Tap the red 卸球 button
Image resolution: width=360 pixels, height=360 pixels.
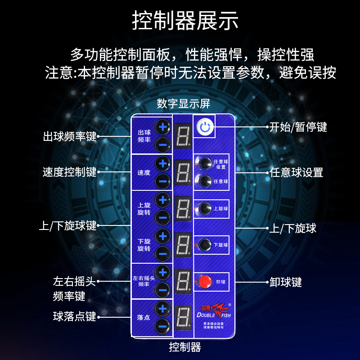[205, 282]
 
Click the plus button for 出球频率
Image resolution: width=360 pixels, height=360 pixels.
[163, 127]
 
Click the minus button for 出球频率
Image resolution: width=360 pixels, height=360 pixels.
[163, 144]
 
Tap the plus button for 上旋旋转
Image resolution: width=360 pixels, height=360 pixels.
[163, 199]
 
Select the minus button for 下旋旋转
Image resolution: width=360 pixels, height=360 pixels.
[163, 253]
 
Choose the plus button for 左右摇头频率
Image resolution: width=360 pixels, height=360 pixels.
[163, 272]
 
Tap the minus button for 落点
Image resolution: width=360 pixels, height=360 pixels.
[163, 326]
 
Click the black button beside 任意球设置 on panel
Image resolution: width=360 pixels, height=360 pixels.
[205, 163]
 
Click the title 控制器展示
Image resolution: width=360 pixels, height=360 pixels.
[185, 21]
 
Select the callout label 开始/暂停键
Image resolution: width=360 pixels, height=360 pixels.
[298, 127]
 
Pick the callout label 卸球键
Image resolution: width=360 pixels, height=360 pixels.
[286, 282]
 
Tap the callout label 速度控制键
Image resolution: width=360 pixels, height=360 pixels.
[70, 172]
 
